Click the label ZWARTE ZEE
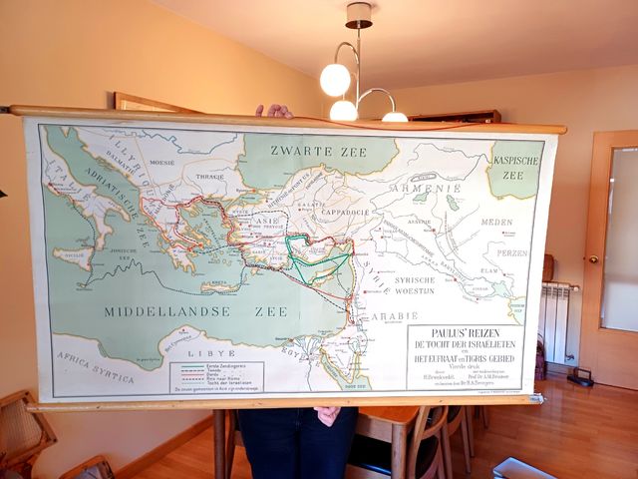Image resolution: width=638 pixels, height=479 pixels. tap(318, 152)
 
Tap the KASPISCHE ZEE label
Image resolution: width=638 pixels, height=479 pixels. tap(516, 166)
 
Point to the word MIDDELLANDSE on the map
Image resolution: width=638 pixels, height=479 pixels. tap(165, 311)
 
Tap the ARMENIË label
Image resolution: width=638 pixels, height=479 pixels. tap(425, 187)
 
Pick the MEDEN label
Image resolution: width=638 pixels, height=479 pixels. tap(496, 223)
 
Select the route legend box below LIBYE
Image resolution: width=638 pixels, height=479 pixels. tap(216, 376)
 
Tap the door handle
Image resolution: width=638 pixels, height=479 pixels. tap(593, 258)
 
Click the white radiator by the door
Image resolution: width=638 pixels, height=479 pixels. tap(557, 321)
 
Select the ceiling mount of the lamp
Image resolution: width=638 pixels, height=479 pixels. tap(358, 15)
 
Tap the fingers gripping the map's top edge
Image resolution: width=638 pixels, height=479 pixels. tap(272, 111)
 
